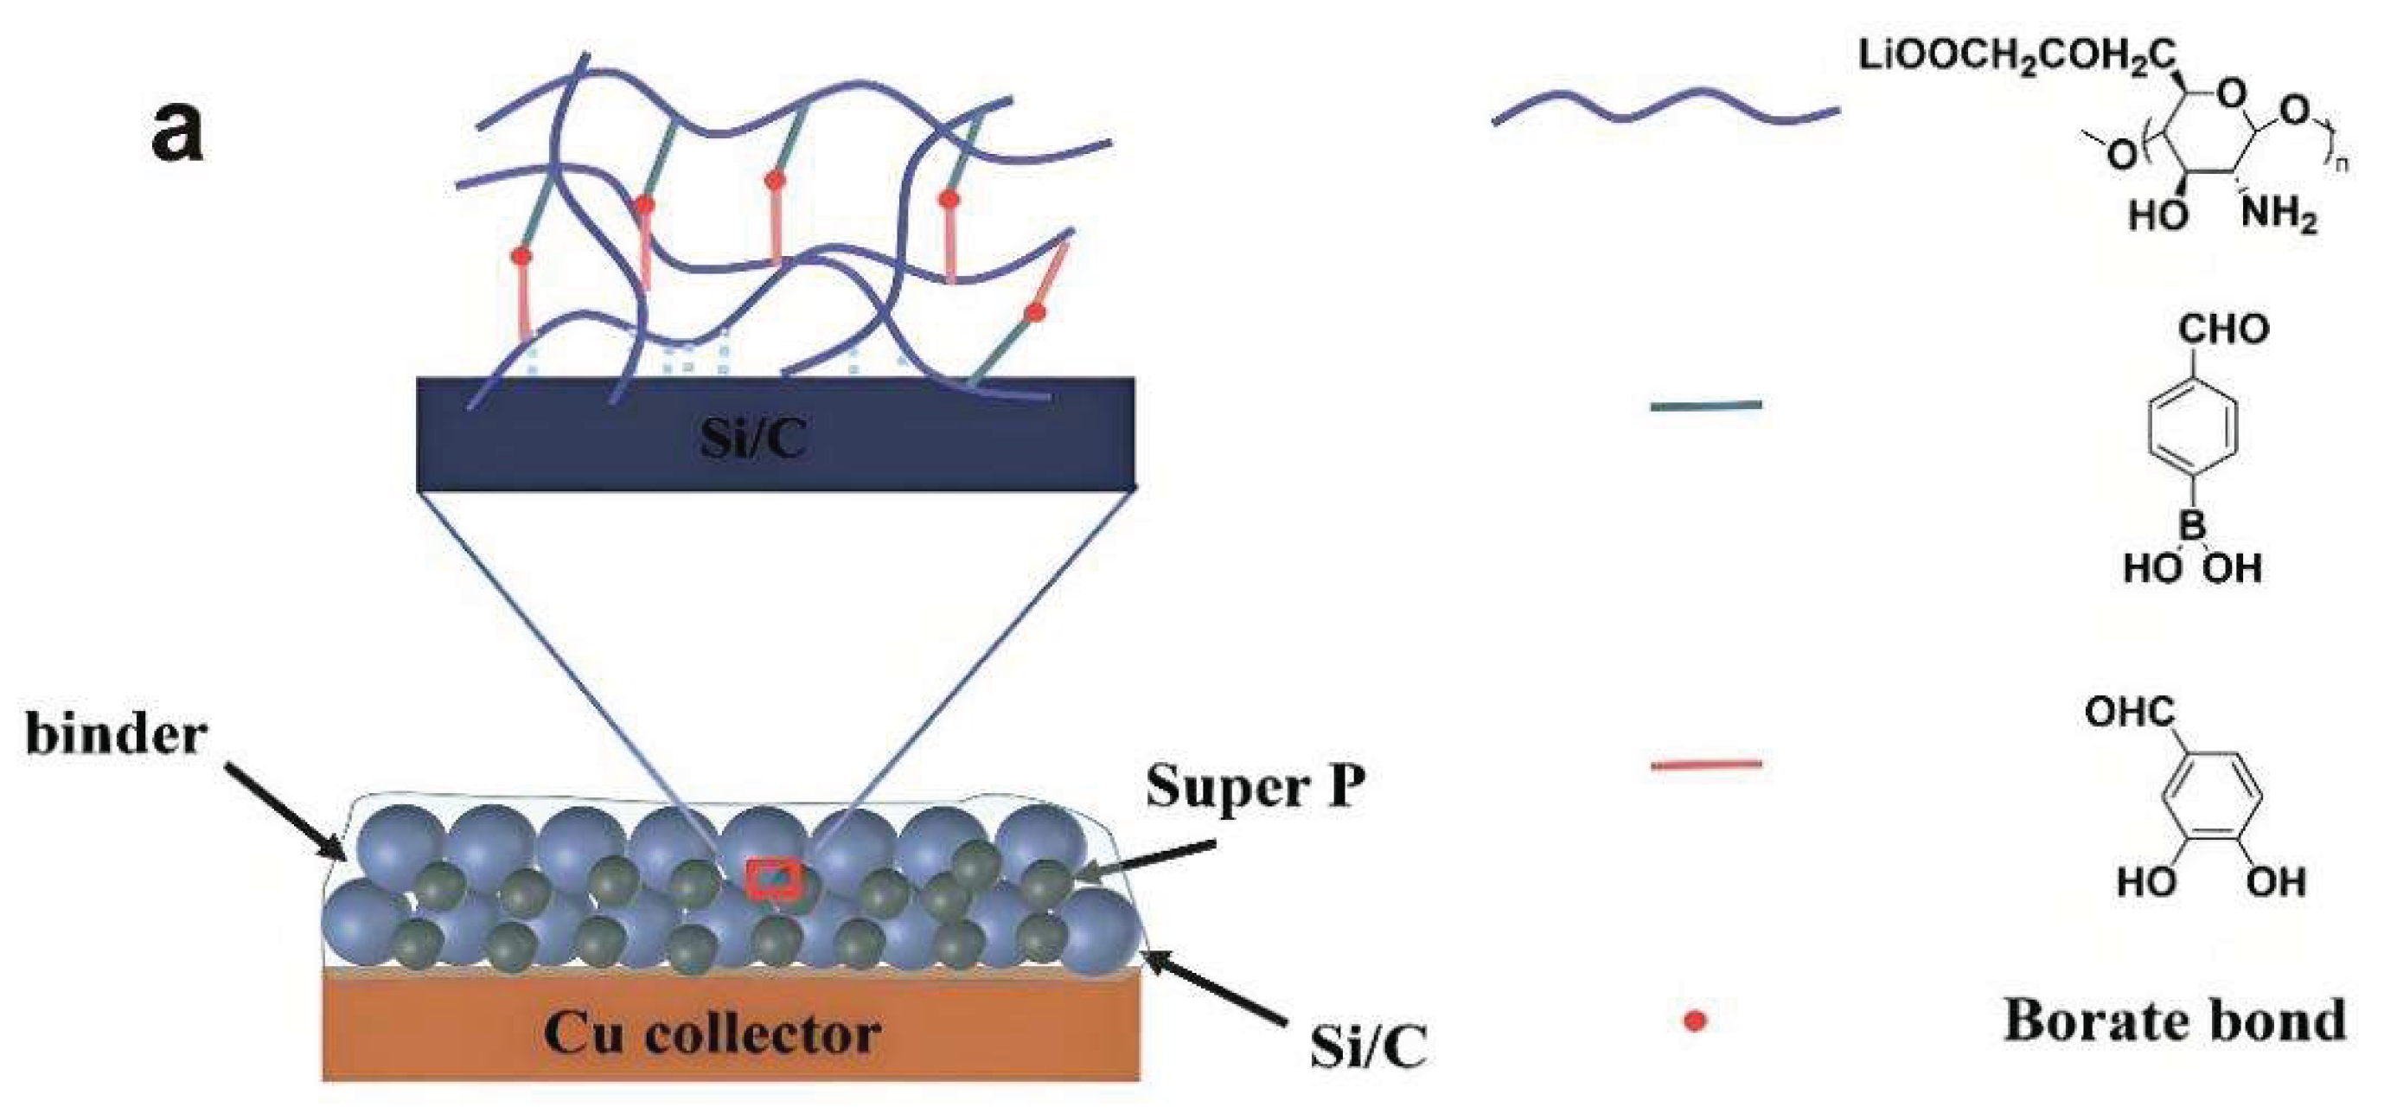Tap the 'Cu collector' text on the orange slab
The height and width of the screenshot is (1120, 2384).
click(711, 1032)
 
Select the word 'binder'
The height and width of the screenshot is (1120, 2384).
click(116, 736)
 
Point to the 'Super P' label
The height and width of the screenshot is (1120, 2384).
click(1255, 788)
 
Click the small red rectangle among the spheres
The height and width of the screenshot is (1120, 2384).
click(775, 878)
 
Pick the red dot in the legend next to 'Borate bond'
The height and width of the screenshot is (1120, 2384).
click(1695, 1021)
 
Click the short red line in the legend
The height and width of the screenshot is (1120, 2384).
click(1705, 765)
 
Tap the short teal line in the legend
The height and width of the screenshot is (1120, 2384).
click(1705, 406)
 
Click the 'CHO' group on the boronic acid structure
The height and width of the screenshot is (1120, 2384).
click(2222, 329)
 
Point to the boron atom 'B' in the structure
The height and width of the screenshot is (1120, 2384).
click(2191, 527)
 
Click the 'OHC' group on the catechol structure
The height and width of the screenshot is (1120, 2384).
click(2130, 712)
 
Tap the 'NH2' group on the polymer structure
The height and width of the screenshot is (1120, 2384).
click(2278, 214)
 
